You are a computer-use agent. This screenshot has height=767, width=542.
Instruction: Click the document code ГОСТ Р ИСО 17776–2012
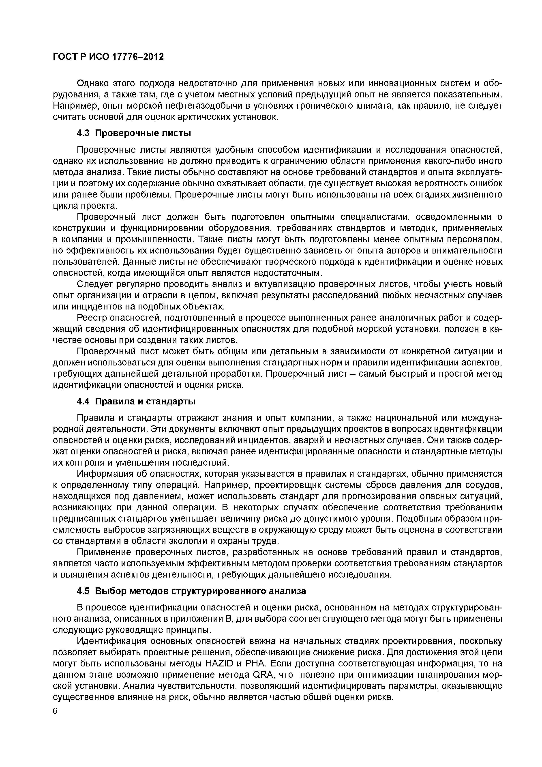point(109,57)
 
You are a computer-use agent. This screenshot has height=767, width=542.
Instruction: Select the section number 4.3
point(83,133)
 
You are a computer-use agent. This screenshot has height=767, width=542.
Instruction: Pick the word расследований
point(349,295)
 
